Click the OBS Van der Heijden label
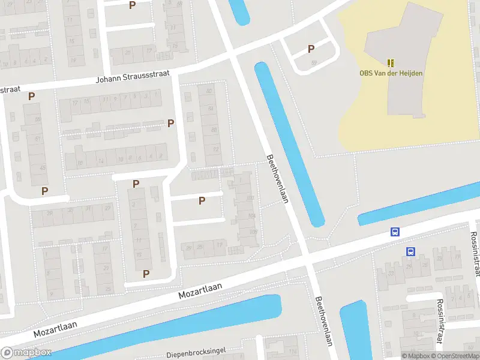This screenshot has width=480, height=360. (391, 73)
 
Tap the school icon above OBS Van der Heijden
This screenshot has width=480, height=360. (391, 62)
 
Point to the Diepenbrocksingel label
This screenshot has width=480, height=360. (196, 352)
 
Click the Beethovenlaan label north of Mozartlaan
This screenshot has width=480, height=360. (277, 179)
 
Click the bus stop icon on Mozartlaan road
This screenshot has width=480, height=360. (395, 232)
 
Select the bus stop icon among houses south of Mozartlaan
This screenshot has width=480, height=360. (411, 252)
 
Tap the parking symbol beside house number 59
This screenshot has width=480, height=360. (311, 49)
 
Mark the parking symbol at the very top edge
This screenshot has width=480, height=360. (133, 5)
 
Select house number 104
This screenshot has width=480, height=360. (251, 216)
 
